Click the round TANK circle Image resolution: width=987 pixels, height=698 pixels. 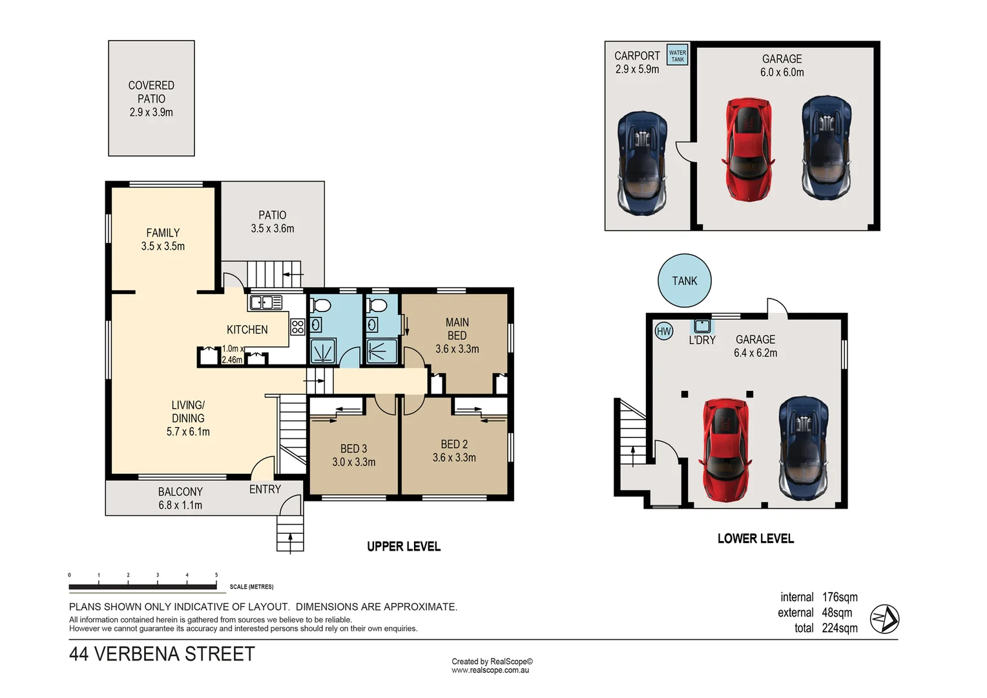pyautogui.click(x=684, y=280)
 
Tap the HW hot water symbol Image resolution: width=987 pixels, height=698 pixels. pyautogui.click(x=663, y=332)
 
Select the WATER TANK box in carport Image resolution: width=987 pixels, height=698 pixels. pyautogui.click(x=677, y=56)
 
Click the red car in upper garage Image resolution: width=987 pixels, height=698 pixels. pyautogui.click(x=749, y=149)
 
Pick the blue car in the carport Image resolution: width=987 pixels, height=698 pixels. pyautogui.click(x=642, y=163)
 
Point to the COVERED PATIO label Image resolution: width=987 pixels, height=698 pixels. pyautogui.click(x=151, y=98)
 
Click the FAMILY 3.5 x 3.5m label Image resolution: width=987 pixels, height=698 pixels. pyautogui.click(x=163, y=239)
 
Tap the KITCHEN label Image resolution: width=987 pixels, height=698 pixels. pyautogui.click(x=247, y=330)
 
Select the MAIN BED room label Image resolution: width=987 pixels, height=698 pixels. pyautogui.click(x=457, y=335)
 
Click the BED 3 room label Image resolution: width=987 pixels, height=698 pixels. pyautogui.click(x=353, y=455)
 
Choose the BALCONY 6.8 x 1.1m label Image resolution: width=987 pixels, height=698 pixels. pyautogui.click(x=180, y=498)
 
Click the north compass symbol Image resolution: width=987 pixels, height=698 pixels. pyautogui.click(x=884, y=619)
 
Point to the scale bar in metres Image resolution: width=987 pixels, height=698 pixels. pyautogui.click(x=143, y=586)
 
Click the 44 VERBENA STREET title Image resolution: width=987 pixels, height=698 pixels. pyautogui.click(x=162, y=654)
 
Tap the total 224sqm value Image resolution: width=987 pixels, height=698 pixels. pyautogui.click(x=839, y=628)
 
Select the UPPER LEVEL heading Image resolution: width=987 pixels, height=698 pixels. pyautogui.click(x=404, y=547)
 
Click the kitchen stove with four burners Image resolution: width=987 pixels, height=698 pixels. pyautogui.click(x=297, y=326)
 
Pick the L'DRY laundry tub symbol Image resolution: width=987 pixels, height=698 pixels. pyautogui.click(x=702, y=326)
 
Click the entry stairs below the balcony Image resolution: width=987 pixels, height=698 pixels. pyautogui.click(x=290, y=533)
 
